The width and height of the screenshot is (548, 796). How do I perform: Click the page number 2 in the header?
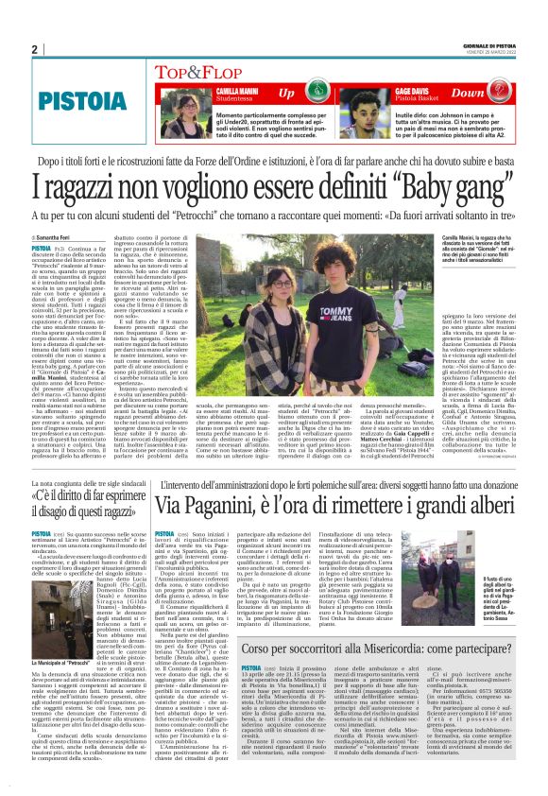point(35,50)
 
